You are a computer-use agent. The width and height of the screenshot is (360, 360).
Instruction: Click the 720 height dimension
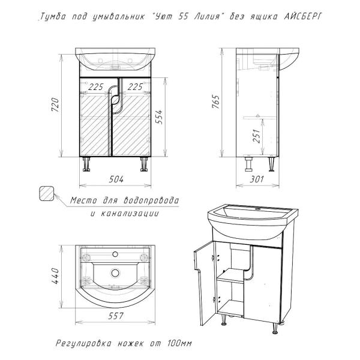pyautogui.click(x=55, y=104)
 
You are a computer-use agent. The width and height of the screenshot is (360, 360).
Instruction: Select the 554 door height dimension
pyautogui.click(x=158, y=117)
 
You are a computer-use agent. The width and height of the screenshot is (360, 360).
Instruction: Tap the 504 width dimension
pyautogui.click(x=116, y=179)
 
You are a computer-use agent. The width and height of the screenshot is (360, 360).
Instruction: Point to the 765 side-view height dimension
pyautogui.click(x=216, y=101)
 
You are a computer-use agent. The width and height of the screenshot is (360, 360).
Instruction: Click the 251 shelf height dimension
pyautogui.click(x=257, y=136)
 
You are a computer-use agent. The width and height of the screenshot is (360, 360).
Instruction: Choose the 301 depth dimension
pyautogui.click(x=257, y=179)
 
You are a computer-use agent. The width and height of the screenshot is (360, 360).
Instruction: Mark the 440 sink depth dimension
pyautogui.click(x=56, y=276)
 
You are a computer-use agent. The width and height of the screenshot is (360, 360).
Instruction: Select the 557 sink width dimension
pyautogui.click(x=116, y=316)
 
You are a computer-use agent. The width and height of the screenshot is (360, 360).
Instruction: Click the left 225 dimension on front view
pyautogui.click(x=96, y=87)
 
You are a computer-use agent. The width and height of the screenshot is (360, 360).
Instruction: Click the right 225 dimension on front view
pyautogui.click(x=135, y=87)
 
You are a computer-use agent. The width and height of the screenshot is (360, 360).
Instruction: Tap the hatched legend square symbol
pyautogui.click(x=47, y=193)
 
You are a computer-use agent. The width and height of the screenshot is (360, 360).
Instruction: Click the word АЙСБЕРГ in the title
pyautogui.click(x=303, y=17)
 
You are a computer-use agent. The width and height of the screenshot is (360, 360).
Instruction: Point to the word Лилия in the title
pyautogui.click(x=206, y=17)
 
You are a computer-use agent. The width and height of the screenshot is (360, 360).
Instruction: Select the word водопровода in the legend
pyautogui.click(x=151, y=200)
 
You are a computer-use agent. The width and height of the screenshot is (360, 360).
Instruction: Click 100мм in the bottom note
pyautogui.click(x=179, y=343)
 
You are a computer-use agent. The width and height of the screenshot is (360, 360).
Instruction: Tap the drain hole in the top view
pyautogui.click(x=115, y=273)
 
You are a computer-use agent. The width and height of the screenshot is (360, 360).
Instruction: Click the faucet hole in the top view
pyautogui.click(x=115, y=254)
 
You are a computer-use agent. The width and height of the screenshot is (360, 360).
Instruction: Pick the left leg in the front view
pyautogui.click(x=86, y=164)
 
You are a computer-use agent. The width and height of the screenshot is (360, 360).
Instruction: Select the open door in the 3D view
pyautogui.click(x=204, y=283)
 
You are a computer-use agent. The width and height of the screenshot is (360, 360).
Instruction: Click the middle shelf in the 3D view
pyautogui.click(x=230, y=276)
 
